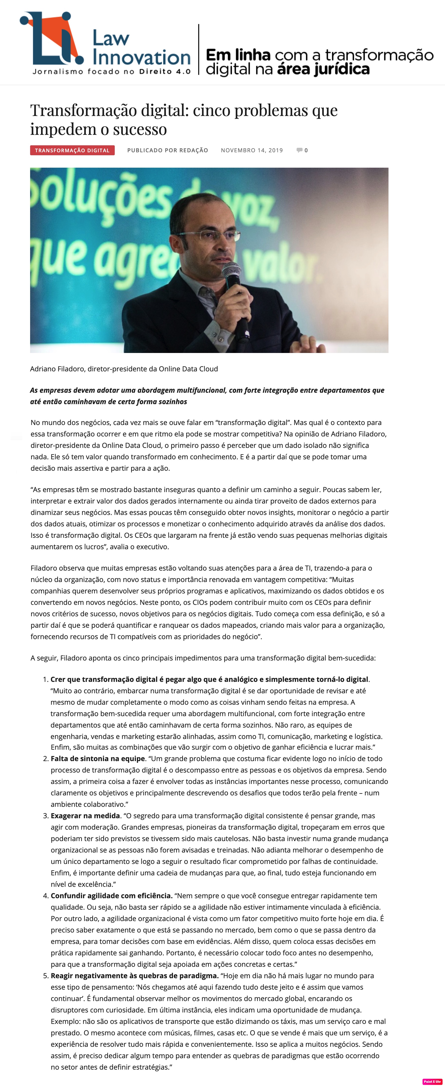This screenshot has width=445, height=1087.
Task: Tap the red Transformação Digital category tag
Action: [72, 150]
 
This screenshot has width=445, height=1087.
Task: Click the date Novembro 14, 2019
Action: [252, 150]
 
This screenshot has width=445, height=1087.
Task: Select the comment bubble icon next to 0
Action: [299, 150]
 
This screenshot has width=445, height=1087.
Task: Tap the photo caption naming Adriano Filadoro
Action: [124, 369]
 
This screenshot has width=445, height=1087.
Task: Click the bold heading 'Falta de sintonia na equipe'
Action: [98, 758]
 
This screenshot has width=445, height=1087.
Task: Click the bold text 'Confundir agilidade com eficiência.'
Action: [111, 895]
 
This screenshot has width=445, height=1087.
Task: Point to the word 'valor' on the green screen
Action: [279, 266]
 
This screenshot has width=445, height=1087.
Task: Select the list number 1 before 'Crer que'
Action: [45, 679]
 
